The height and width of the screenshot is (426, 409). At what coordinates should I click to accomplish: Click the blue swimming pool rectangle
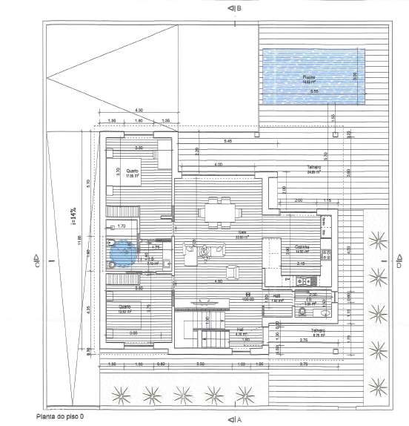(x=314, y=77)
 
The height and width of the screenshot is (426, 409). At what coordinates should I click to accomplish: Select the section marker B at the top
(x=236, y=8)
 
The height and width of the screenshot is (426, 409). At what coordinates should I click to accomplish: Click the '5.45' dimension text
(x=226, y=141)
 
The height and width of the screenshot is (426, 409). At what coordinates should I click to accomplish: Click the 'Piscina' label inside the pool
(x=308, y=77)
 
